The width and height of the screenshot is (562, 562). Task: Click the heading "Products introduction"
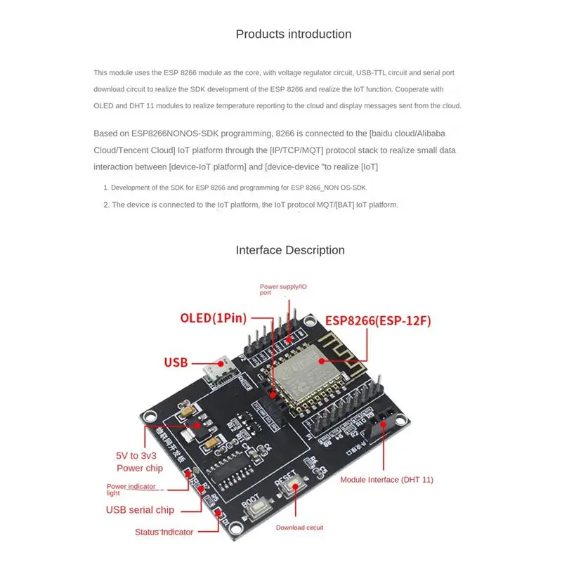coord(294,34)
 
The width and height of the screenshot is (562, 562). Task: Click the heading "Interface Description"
coord(290,250)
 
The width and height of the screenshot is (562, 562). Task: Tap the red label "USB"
coord(176,362)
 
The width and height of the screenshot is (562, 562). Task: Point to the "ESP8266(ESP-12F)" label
coord(377,321)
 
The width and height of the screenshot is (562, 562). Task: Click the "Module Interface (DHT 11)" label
coord(386,480)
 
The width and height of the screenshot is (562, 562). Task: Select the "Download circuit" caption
coord(299,528)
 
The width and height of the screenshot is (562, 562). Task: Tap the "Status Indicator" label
coord(164,532)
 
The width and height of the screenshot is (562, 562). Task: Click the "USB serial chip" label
coord(140,510)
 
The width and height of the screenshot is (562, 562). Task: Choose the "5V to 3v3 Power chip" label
coord(139,461)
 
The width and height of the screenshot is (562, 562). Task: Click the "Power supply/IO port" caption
coord(283,289)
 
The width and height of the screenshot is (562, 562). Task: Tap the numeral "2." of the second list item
coord(107,205)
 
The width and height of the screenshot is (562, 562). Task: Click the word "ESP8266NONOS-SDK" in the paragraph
coord(152,133)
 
